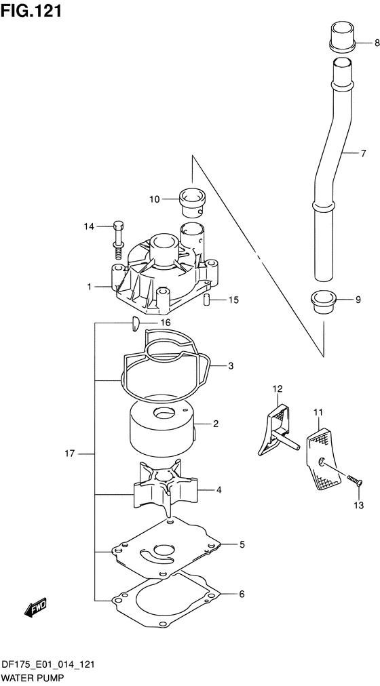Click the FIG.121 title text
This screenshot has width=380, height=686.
click(31, 10)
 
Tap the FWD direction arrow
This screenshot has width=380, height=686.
click(35, 607)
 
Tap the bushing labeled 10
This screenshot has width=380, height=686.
click(193, 201)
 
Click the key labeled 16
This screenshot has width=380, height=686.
click(135, 324)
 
